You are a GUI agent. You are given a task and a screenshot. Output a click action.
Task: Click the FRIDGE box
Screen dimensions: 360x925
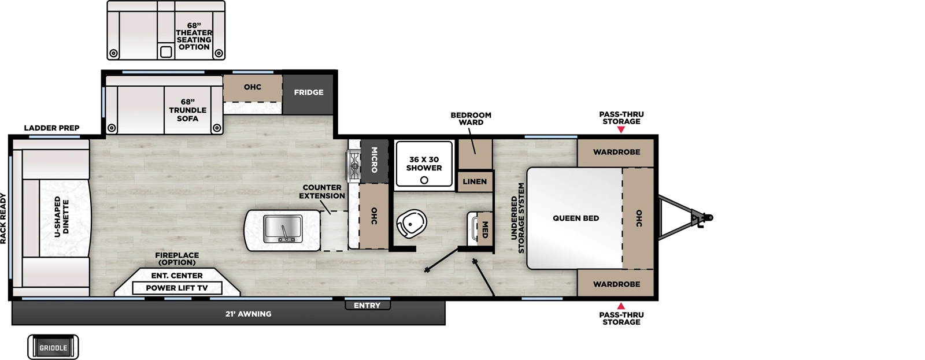pyautogui.click(x=308, y=93)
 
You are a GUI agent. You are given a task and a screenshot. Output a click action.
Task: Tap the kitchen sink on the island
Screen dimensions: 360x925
pyautogui.click(x=283, y=229)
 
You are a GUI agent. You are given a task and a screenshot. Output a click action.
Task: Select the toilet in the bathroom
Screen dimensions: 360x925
pyautogui.click(x=411, y=223)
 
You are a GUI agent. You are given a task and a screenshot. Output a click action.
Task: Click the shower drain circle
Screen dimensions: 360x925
pyautogui.click(x=424, y=180)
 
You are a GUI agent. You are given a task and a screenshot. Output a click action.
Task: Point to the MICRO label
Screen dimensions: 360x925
pyautogui.click(x=373, y=159)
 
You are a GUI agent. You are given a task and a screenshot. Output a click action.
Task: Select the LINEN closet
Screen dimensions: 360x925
pyautogui.click(x=475, y=181)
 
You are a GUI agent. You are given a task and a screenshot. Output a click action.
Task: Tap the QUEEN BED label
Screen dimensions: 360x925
pyautogui.click(x=575, y=218)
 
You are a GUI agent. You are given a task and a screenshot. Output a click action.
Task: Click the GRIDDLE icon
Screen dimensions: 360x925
pyautogui.click(x=53, y=347)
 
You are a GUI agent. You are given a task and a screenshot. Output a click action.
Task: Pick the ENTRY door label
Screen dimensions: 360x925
pyautogui.click(x=367, y=305)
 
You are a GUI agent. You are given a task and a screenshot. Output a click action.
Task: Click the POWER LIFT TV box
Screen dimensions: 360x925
pyautogui.click(x=176, y=288)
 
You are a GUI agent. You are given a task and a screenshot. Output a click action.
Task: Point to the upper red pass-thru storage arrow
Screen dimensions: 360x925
pyautogui.click(x=621, y=130)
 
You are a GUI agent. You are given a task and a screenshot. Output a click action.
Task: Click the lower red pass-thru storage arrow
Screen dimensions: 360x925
pyautogui.click(x=621, y=306)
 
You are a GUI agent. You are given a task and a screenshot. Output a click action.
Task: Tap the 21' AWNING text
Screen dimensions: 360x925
pyautogui.click(x=248, y=314)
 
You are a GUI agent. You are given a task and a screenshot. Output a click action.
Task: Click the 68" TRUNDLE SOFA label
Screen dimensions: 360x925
pyautogui.click(x=187, y=110)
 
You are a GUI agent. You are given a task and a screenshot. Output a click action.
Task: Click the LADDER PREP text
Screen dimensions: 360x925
pyautogui.click(x=51, y=128)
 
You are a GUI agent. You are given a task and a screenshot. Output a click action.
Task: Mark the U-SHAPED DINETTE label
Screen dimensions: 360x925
pyautogui.click(x=61, y=217)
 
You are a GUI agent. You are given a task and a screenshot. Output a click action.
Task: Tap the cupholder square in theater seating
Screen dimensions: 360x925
pyautogui.click(x=166, y=52)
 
